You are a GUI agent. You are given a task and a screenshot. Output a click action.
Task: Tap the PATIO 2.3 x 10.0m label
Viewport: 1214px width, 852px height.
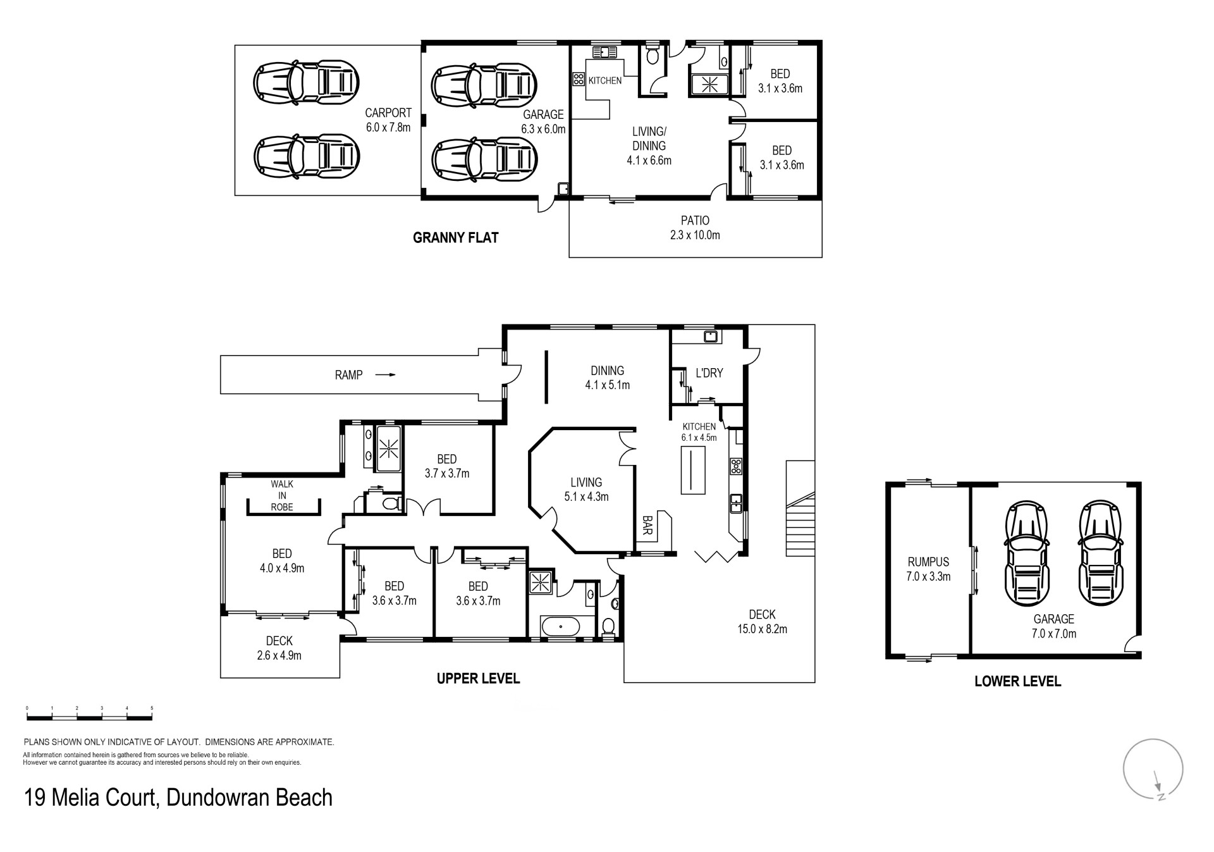click(x=695, y=228)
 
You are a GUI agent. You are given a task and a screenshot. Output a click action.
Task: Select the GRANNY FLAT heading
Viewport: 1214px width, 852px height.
click(x=455, y=238)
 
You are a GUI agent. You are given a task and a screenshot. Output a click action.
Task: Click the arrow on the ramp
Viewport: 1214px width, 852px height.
click(x=385, y=375)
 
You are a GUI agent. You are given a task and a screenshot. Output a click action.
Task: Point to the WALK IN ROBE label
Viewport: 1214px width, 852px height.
click(x=282, y=495)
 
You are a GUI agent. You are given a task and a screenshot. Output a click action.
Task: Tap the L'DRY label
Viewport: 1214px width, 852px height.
click(x=709, y=373)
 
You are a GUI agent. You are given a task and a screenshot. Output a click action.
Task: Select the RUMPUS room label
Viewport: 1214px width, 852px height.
click(x=929, y=569)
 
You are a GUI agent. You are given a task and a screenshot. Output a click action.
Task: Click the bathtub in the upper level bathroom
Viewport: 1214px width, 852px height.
click(x=560, y=628)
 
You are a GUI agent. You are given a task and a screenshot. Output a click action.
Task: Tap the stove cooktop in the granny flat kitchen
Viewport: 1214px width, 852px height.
click(x=579, y=79)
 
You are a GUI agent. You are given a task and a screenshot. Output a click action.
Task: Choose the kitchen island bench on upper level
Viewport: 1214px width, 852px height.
click(x=693, y=470)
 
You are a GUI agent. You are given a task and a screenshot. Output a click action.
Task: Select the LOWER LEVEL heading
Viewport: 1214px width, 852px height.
click(x=1017, y=681)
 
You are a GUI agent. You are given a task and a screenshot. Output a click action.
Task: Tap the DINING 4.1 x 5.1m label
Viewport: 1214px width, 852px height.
click(x=607, y=378)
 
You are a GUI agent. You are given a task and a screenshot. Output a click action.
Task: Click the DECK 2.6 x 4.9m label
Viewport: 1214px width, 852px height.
click(x=279, y=648)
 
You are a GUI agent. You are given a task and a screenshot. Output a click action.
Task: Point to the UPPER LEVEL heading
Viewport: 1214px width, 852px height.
click(x=478, y=679)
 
